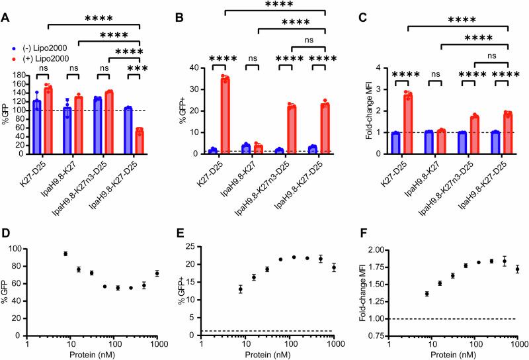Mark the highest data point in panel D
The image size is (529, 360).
pyautogui.click(x=65, y=253)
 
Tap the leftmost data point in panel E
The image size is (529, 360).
pyautogui.click(x=239, y=289)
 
